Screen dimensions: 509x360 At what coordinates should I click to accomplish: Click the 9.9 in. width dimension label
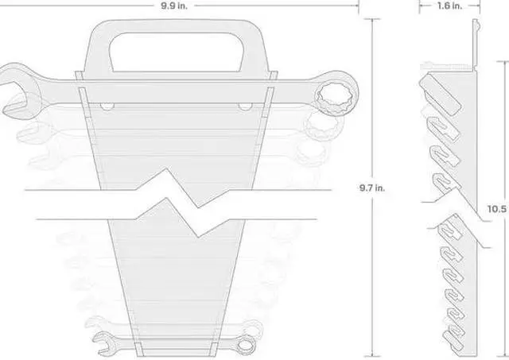174,6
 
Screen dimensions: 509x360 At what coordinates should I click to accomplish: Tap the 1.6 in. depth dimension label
449,6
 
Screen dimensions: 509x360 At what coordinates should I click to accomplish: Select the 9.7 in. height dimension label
372,188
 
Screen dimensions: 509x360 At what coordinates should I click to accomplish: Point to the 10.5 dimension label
498,209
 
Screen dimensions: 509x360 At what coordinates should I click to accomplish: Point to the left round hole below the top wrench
107,106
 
